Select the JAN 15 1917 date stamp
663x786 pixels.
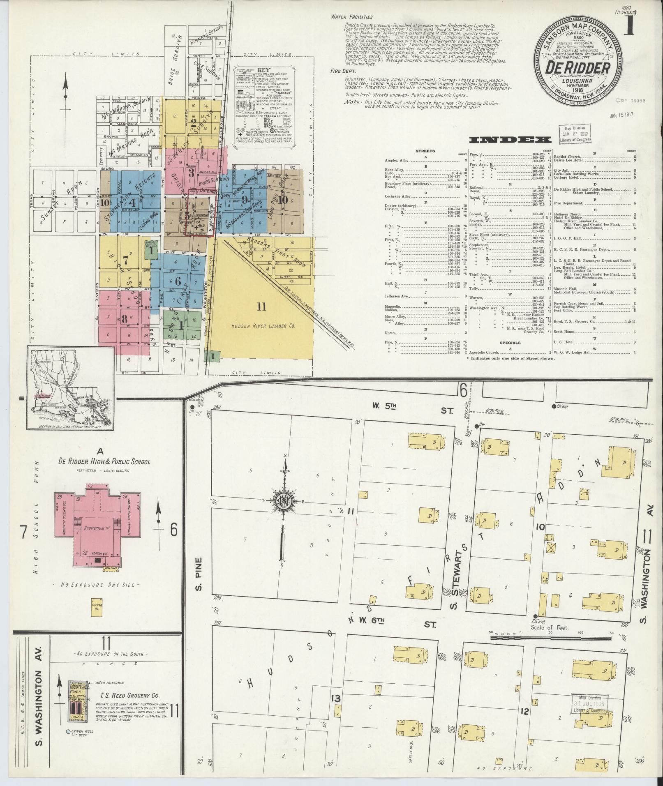(x=621, y=114)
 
